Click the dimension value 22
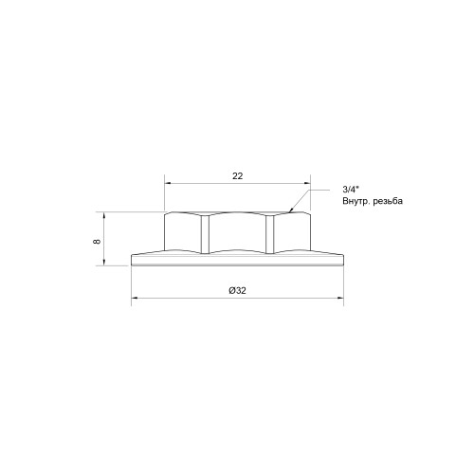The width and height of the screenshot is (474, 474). coord(238,176)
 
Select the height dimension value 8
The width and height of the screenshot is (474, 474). coord(97,242)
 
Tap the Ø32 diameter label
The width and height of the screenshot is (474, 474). coord(237,290)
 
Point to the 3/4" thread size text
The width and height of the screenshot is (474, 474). coord(351,190)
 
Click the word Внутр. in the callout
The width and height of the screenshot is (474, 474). coord(355,201)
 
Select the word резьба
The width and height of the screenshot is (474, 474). coord(388,201)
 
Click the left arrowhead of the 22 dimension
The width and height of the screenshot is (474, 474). coord(168,183)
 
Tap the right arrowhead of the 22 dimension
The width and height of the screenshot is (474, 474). coord(307,183)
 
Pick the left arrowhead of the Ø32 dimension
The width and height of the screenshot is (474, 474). coord(135,298)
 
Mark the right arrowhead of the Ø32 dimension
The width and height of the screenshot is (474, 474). coord(340,298)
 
